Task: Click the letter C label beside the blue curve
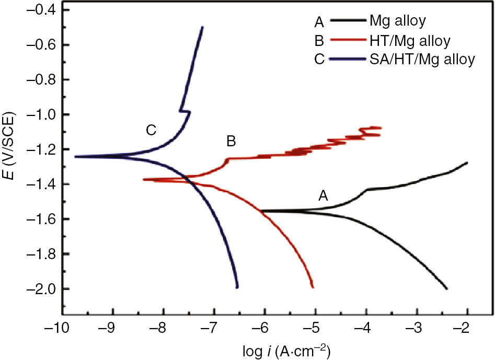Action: (x=151, y=130)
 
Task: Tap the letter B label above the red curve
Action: (x=231, y=141)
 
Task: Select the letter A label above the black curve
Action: (x=324, y=196)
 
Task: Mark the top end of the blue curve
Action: (x=202, y=27)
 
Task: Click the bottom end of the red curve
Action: (x=313, y=287)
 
